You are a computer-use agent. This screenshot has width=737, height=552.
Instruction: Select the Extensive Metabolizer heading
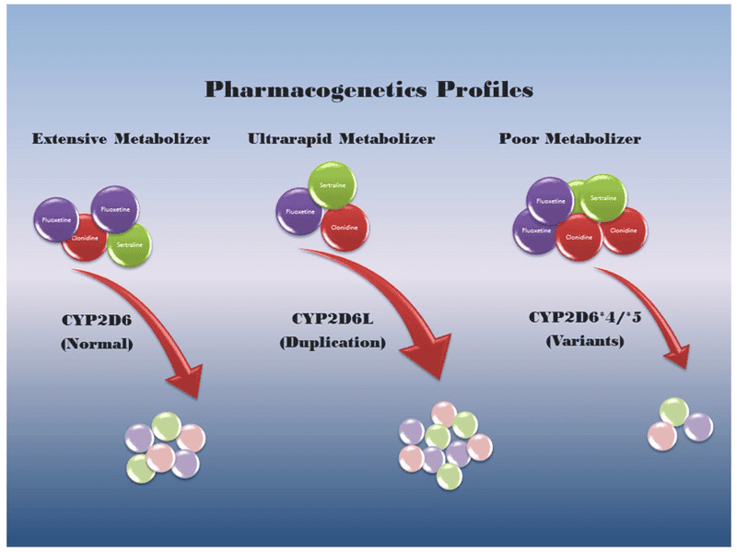(x=121, y=139)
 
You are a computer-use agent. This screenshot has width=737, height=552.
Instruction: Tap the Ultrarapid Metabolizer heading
(x=341, y=139)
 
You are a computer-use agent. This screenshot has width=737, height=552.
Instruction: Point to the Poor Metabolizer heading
(x=569, y=139)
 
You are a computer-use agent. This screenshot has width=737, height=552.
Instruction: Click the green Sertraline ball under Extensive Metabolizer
(x=128, y=245)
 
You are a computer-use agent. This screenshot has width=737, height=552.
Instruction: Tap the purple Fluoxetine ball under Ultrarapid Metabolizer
(x=300, y=212)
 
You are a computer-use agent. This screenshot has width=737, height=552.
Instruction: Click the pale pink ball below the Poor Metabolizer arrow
(x=661, y=435)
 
